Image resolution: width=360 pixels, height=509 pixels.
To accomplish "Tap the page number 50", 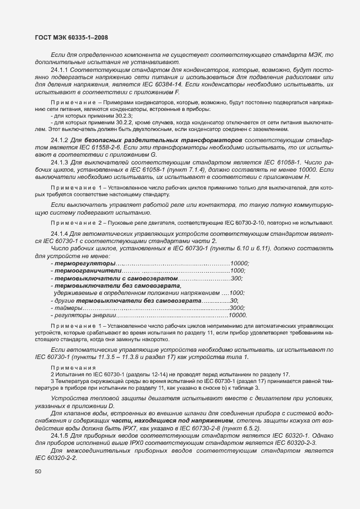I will (38, 471).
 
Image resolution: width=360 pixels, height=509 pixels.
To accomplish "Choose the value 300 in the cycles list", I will (237, 278).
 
